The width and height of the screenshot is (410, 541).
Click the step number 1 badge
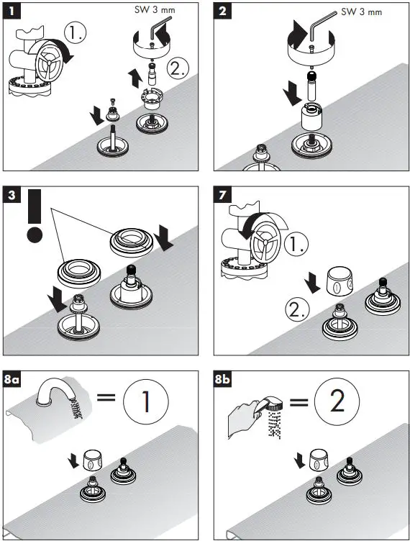12,11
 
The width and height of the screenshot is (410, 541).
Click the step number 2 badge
222,11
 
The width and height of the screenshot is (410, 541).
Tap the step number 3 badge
12,195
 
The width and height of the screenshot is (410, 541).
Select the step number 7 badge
222,195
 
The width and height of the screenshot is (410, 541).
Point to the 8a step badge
12,379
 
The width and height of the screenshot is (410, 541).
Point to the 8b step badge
222,379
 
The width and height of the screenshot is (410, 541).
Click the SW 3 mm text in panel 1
155,9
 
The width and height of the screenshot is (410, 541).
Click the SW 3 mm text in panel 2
361,12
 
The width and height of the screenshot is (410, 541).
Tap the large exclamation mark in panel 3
35,216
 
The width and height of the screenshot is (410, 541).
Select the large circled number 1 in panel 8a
146,401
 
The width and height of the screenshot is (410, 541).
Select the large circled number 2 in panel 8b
337,400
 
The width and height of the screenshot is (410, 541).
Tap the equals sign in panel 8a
106,397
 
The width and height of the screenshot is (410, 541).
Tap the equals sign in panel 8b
299,402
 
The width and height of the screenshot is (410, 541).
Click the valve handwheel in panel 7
265,242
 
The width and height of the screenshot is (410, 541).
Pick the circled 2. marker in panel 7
298,309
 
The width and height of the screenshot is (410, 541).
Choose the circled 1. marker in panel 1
76,33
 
